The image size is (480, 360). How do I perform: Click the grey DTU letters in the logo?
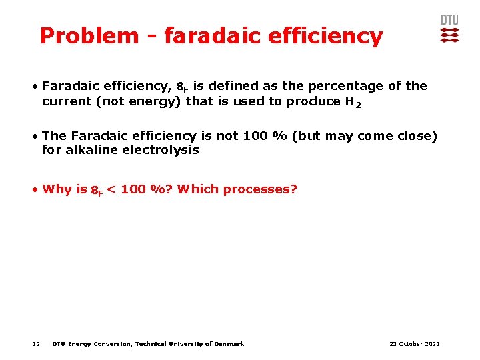(449, 20)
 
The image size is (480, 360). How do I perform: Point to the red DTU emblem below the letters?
(449, 35)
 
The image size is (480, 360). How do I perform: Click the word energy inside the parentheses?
(157, 101)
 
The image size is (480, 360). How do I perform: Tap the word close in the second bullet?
(413, 136)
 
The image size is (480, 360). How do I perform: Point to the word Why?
(57, 189)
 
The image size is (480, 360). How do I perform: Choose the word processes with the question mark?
(260, 189)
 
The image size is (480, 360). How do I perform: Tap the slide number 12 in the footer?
(36, 344)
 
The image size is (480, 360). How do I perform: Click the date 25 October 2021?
(414, 344)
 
